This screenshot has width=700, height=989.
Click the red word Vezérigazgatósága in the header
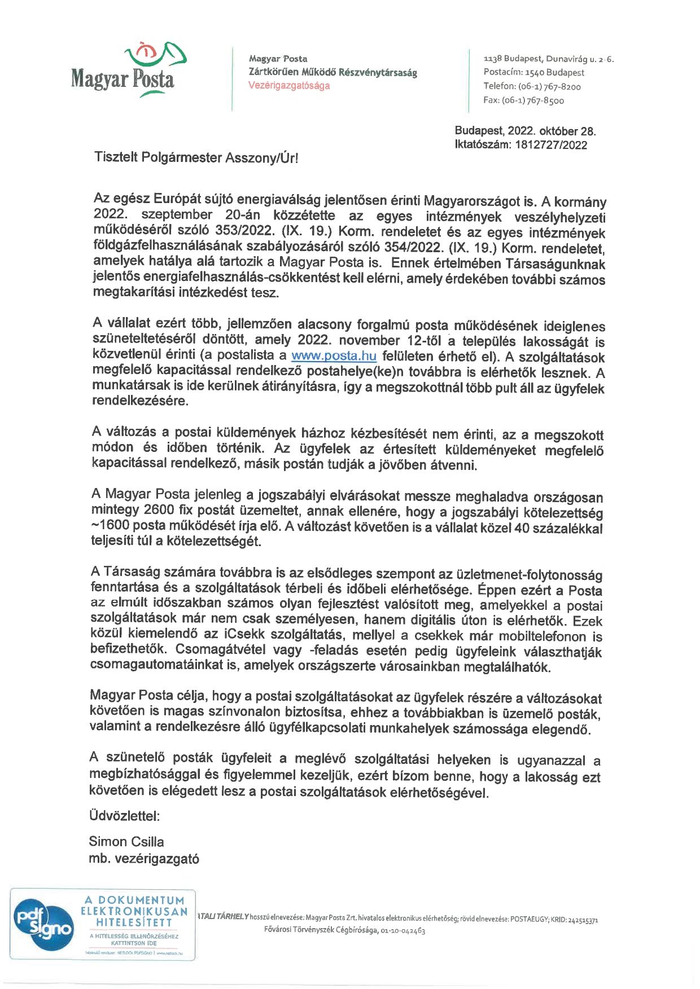(289, 86)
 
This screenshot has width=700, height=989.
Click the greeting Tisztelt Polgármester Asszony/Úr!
(196, 157)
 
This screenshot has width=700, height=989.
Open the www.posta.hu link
(334, 356)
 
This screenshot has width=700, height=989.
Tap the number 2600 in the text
(163, 509)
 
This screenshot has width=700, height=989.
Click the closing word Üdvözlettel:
(124, 816)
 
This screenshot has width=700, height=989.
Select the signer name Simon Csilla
(126, 842)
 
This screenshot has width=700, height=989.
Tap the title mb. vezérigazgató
(144, 859)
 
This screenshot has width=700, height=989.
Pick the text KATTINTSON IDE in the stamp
(134, 943)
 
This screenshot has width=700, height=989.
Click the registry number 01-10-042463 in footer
(403, 931)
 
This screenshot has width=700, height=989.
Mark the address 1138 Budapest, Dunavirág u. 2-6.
(549, 59)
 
